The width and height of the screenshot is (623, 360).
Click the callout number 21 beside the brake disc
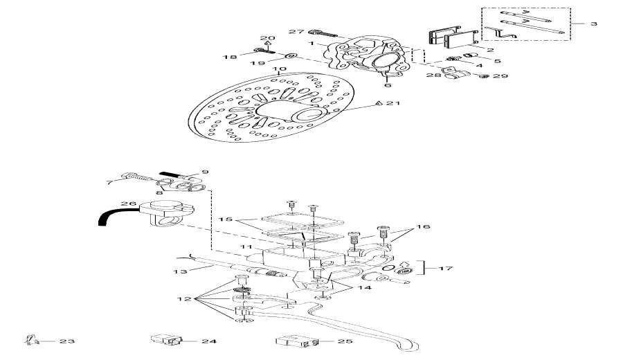point(394,103)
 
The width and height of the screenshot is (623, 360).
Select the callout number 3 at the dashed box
point(593,24)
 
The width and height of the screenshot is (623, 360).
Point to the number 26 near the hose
point(125,204)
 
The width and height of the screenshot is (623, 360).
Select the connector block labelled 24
point(166,340)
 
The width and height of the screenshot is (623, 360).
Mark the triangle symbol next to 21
point(379,103)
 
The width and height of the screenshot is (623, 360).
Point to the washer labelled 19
point(291,56)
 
